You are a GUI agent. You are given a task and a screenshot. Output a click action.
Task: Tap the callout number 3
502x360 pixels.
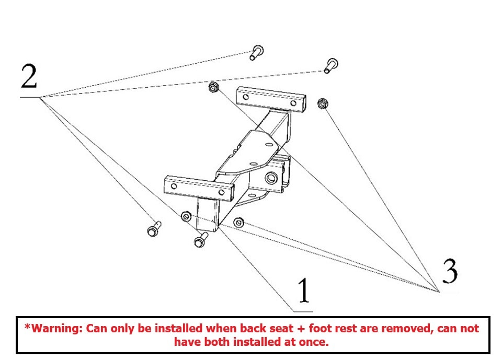pyautogui.click(x=450, y=270)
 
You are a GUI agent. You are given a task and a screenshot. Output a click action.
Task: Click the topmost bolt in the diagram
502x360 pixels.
pyautogui.click(x=256, y=52)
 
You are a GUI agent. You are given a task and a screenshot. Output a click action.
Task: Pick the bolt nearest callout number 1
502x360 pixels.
pyautogui.click(x=200, y=240)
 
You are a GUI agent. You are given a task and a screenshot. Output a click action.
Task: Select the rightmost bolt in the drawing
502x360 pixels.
pyautogui.click(x=330, y=65)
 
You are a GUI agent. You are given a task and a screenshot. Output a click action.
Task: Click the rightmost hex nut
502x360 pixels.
pyautogui.click(x=323, y=103)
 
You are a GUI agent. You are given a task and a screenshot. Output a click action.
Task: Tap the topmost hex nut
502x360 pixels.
pyautogui.click(x=213, y=87)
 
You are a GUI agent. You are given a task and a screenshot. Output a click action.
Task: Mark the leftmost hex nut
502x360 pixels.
pyautogui.click(x=185, y=216)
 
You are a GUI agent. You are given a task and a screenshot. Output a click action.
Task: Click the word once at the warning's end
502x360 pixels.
pyautogui.click(x=315, y=342)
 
